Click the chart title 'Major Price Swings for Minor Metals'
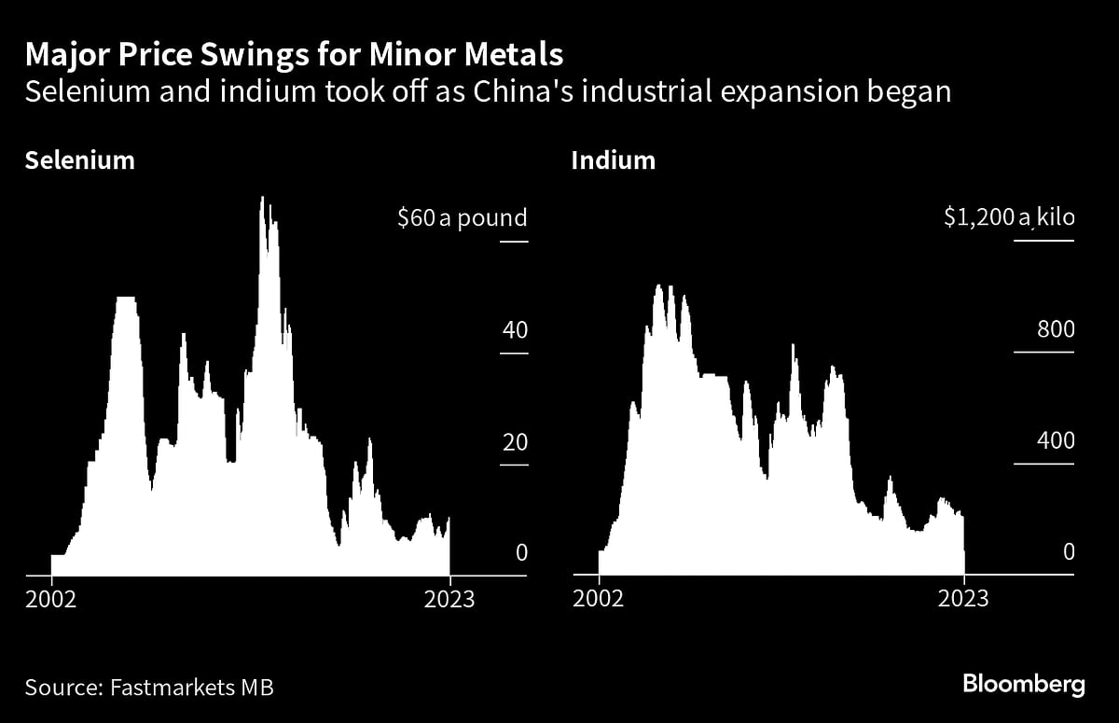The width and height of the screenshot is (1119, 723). (x=294, y=55)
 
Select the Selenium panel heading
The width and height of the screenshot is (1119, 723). (x=80, y=160)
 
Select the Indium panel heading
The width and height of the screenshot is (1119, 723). (x=613, y=160)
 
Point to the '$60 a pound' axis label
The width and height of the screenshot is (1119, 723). (x=462, y=218)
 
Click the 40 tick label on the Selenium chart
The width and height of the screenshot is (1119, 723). (x=515, y=330)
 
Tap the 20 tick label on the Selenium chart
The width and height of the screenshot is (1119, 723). (x=515, y=441)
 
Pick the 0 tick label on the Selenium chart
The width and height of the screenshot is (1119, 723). (x=521, y=552)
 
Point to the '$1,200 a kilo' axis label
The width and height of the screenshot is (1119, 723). (x=1007, y=218)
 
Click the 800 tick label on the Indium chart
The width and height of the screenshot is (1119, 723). (x=1056, y=330)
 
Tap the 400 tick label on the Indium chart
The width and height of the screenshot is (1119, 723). (x=1056, y=441)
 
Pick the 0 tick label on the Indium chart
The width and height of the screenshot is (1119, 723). (x=1069, y=552)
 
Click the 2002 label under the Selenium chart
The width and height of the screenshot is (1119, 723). (x=51, y=599)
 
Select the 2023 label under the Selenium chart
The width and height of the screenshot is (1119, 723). (x=449, y=599)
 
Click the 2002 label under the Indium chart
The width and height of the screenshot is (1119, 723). (x=599, y=599)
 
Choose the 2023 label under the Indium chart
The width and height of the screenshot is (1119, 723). (x=963, y=599)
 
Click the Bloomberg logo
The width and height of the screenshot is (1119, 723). (x=1023, y=685)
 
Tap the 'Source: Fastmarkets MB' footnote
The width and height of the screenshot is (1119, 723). (x=149, y=688)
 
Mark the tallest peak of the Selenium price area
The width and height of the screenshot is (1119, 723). (x=263, y=199)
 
